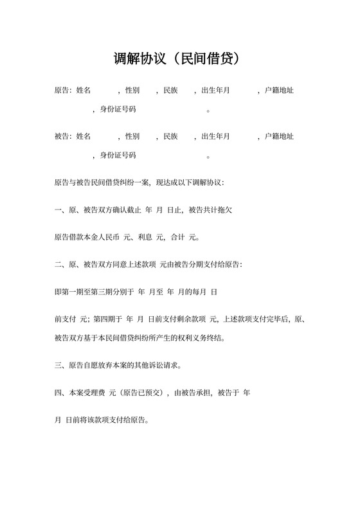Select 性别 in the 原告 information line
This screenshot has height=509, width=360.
tap(132, 91)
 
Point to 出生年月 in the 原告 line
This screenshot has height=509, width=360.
tap(216, 91)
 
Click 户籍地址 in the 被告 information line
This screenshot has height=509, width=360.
tap(279, 136)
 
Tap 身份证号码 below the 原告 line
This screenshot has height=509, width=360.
tap(118, 110)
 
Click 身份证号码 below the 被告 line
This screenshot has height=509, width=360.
tap(118, 156)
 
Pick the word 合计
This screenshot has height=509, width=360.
tap(177, 237)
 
